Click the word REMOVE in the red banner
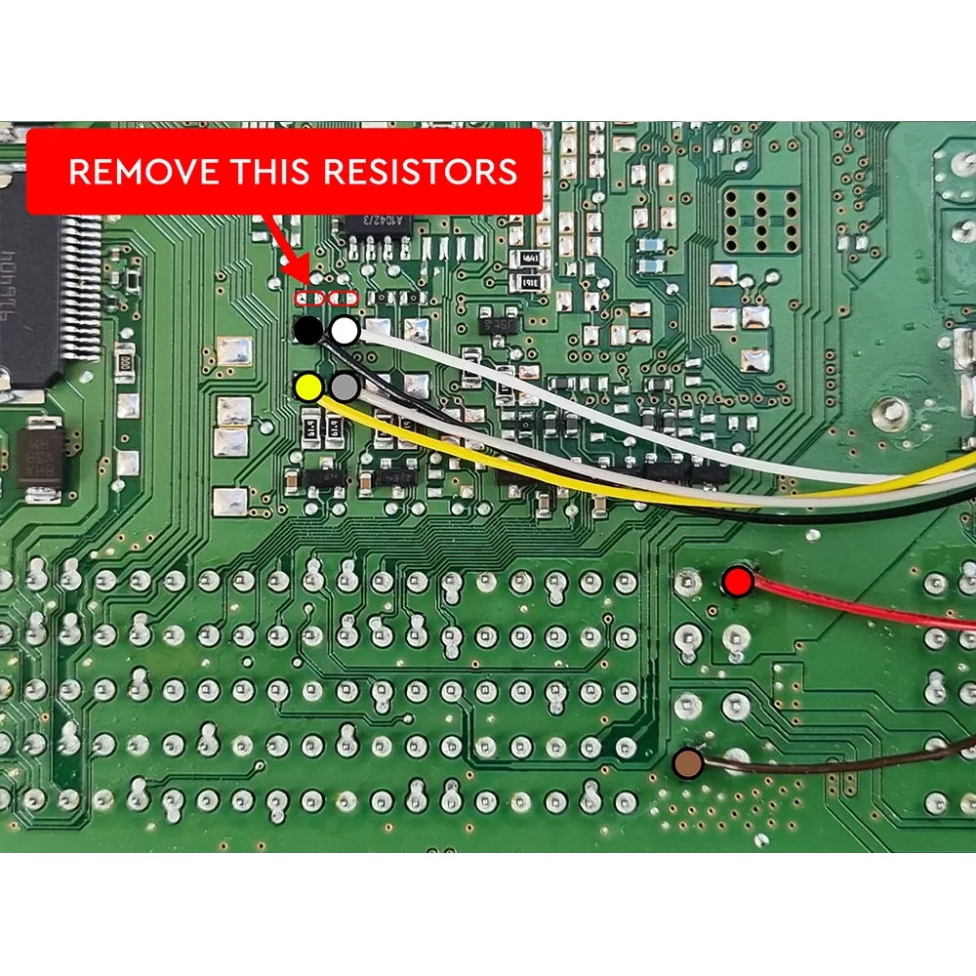coord(144,172)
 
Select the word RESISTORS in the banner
coord(420,172)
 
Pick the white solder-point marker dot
coord(345,331)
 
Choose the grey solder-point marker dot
coord(345,387)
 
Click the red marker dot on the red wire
coord(738,584)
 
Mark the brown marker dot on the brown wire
coord(689,763)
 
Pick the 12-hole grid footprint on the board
coord(762,221)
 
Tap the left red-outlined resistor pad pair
coord(308,297)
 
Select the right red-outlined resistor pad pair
coord(345,297)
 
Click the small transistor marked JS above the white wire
coord(499,323)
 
